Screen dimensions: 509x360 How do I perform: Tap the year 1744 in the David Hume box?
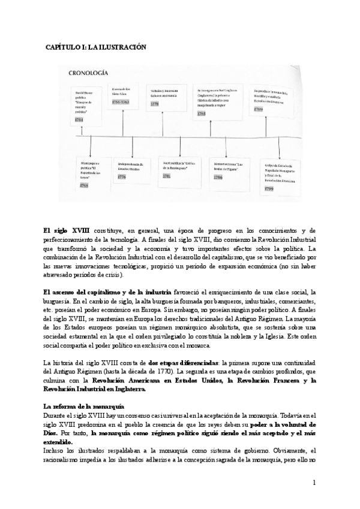pos(79,121)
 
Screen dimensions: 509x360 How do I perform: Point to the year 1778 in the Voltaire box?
pos(155,104)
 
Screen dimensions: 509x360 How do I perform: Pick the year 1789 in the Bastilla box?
pos(259,109)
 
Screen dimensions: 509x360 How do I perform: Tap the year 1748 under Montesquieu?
pos(84,185)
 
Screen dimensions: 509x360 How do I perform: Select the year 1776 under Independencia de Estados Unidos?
pos(122,177)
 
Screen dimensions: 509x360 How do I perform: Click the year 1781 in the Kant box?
pos(167,176)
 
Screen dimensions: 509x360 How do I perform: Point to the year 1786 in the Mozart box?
pos(219,178)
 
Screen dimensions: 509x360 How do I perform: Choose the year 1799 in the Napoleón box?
pos(269,188)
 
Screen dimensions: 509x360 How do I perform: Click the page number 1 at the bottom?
pos(314,483)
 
